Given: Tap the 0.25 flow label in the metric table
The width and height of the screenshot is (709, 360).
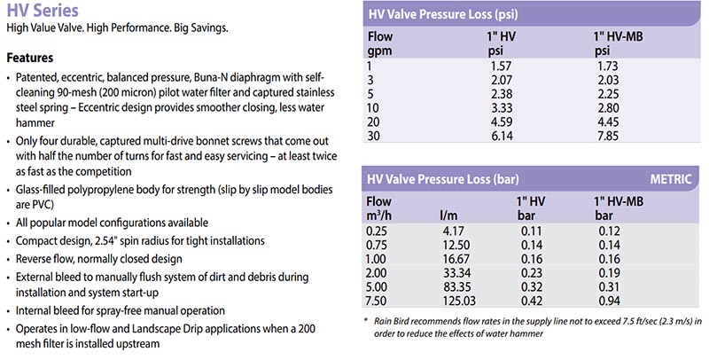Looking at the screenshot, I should (x=378, y=230).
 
